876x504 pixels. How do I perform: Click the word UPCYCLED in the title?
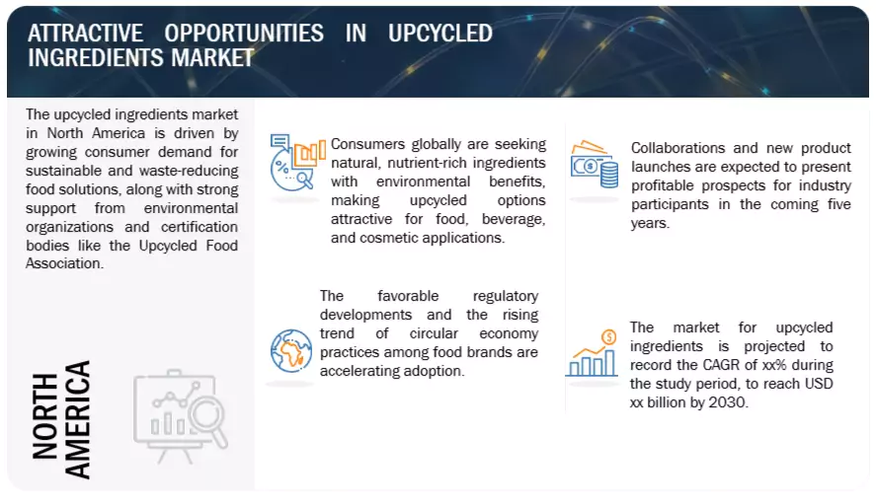440,34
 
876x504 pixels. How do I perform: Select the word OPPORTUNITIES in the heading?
244,34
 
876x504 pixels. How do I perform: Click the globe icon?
291,350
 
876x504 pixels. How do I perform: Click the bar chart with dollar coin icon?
593,353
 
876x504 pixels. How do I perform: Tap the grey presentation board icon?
181,416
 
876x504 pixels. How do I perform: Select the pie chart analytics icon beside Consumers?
297,162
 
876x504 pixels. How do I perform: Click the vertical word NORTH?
44,416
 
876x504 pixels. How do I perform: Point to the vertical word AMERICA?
77,420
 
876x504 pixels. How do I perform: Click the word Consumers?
367,144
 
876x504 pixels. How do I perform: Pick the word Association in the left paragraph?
64,263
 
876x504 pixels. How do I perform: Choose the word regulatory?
506,296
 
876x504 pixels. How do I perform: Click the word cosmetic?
386,238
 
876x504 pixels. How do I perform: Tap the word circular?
434,333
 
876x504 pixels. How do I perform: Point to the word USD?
819,384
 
